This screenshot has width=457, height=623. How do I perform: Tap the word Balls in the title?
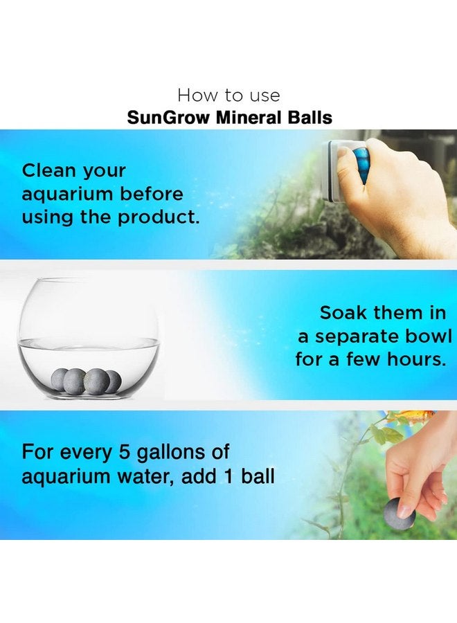click(309, 117)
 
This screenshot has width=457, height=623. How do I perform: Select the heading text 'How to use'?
click(228, 94)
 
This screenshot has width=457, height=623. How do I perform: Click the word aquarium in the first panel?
click(68, 194)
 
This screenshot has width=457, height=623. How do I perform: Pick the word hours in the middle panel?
click(423, 360)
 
